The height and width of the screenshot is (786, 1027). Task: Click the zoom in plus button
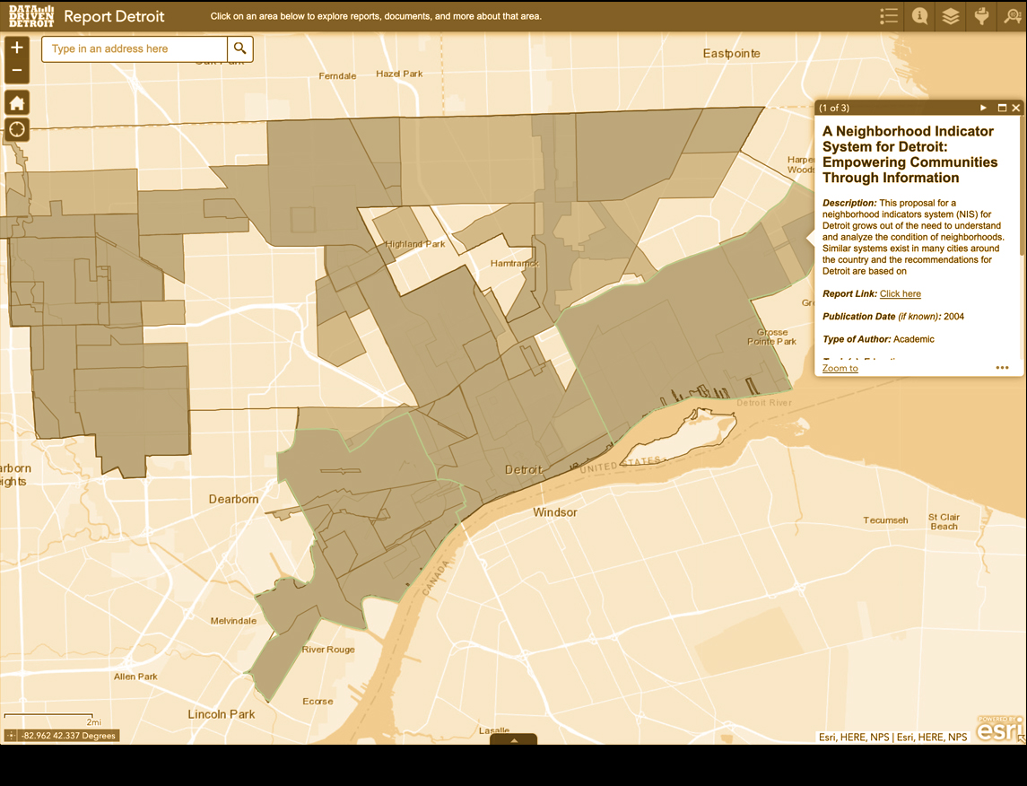point(17,48)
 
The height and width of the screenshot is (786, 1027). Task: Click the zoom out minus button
point(17,70)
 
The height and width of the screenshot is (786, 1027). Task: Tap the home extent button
point(17,102)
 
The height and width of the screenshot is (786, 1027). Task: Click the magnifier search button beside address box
point(239,48)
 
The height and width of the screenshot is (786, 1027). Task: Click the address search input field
point(135,48)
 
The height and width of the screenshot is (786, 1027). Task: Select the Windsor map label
point(554,512)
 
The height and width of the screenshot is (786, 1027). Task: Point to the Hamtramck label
point(514,264)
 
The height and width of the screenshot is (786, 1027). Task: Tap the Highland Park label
point(415,244)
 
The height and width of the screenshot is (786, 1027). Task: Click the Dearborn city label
point(233,499)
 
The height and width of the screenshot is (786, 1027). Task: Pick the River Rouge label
point(328,650)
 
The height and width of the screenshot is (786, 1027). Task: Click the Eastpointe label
point(731,54)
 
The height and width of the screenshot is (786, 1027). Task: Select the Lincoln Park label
point(221,714)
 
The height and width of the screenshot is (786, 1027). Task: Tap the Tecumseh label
point(885,520)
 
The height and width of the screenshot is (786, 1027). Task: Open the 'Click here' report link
point(900,294)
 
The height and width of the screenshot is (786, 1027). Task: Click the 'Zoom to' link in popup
point(840,368)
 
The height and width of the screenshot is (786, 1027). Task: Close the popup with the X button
point(1016,108)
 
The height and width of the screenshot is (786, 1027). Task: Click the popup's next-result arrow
point(983,108)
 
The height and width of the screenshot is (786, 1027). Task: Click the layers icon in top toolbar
point(950,16)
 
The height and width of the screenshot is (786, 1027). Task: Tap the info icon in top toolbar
point(919,16)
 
